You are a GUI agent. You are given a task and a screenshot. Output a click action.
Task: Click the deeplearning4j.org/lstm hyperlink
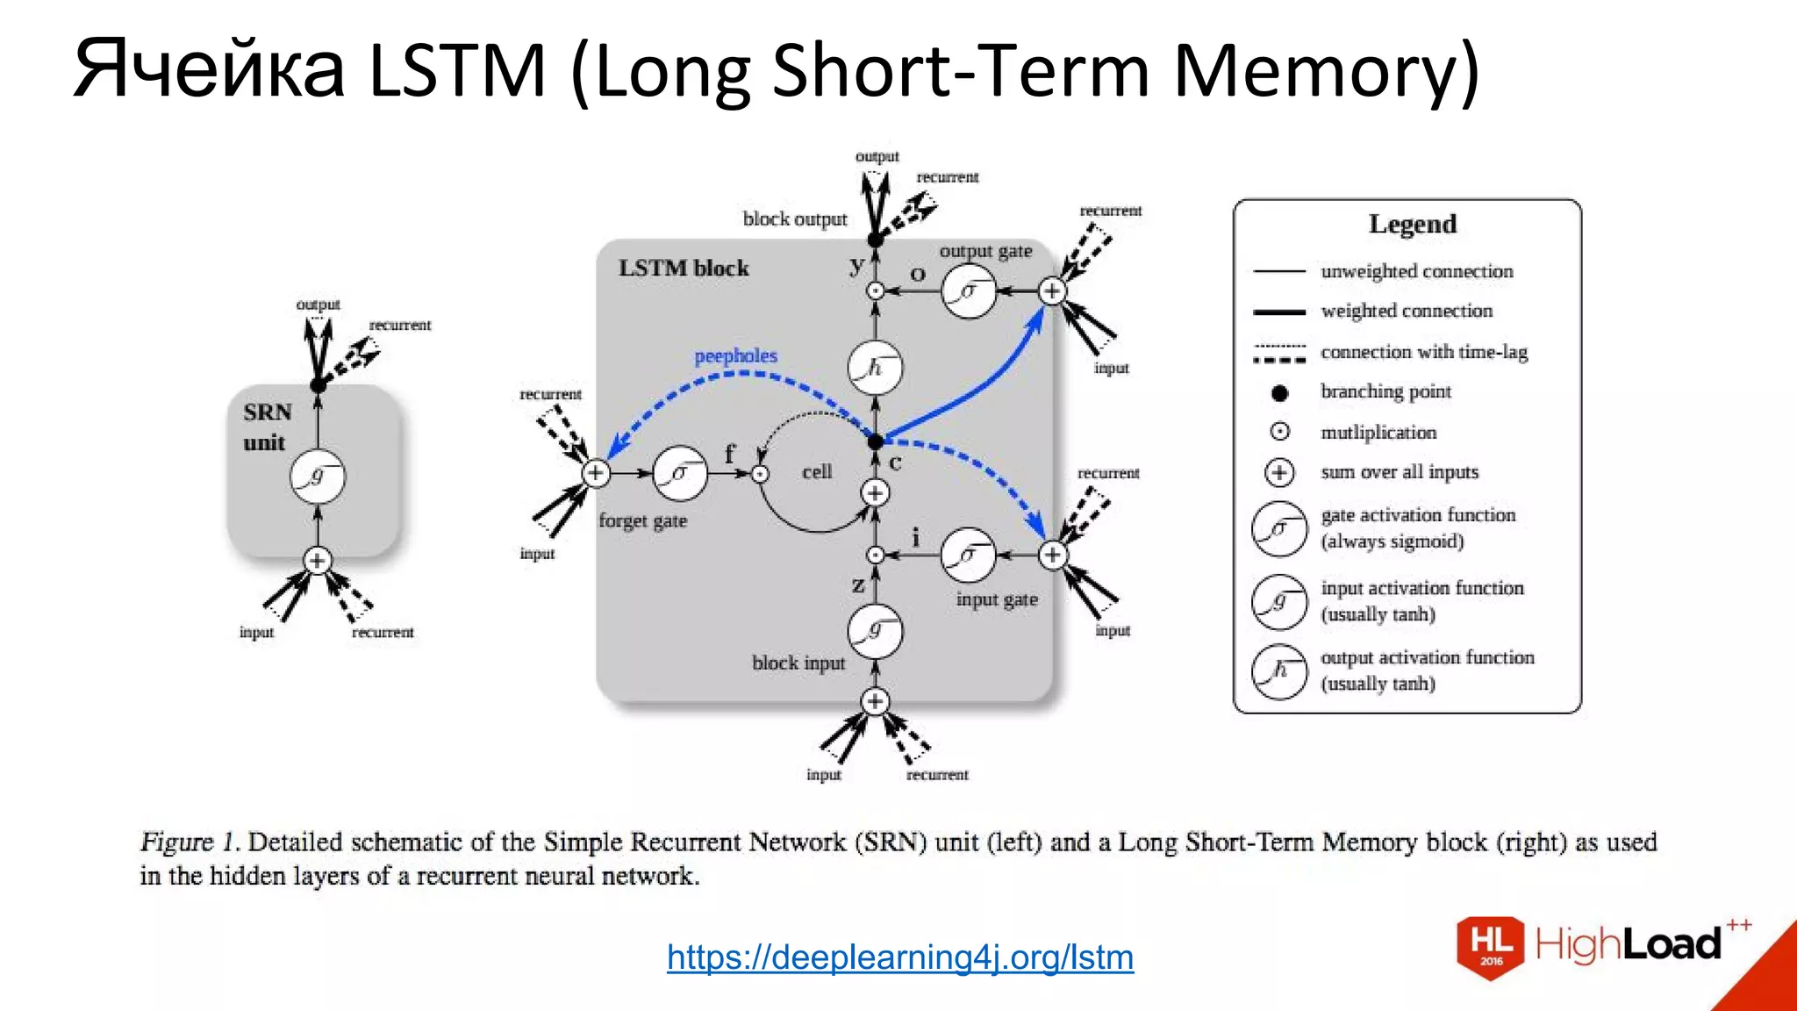click(x=899, y=957)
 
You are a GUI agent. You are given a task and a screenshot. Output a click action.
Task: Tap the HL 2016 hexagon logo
click(x=1491, y=946)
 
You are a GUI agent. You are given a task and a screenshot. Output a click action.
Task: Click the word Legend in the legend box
click(x=1412, y=224)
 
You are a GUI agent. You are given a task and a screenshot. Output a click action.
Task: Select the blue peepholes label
click(x=735, y=355)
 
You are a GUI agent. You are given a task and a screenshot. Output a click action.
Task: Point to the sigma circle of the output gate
click(x=969, y=290)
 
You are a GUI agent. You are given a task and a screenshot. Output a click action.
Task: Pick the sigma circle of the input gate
click(x=968, y=555)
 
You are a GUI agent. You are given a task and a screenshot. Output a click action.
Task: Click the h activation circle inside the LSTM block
click(x=875, y=368)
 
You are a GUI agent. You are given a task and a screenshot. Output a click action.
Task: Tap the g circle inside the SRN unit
click(x=318, y=477)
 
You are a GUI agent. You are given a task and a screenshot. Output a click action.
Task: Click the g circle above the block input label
click(x=875, y=630)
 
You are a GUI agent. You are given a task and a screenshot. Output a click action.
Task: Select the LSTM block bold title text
click(x=683, y=268)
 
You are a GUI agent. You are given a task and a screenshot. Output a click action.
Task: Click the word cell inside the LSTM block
click(x=816, y=471)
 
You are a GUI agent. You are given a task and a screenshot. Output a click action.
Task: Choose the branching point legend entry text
click(x=1385, y=391)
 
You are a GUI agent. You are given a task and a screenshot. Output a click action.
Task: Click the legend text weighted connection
click(x=1406, y=311)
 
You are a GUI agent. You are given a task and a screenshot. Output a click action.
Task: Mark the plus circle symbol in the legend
click(x=1279, y=472)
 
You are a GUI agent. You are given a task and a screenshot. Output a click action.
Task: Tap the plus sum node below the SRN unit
click(x=318, y=560)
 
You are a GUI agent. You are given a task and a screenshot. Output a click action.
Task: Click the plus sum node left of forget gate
click(x=596, y=473)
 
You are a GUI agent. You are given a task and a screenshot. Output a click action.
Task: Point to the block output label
click(x=794, y=219)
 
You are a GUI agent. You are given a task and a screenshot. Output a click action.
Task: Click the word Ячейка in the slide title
click(x=209, y=69)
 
